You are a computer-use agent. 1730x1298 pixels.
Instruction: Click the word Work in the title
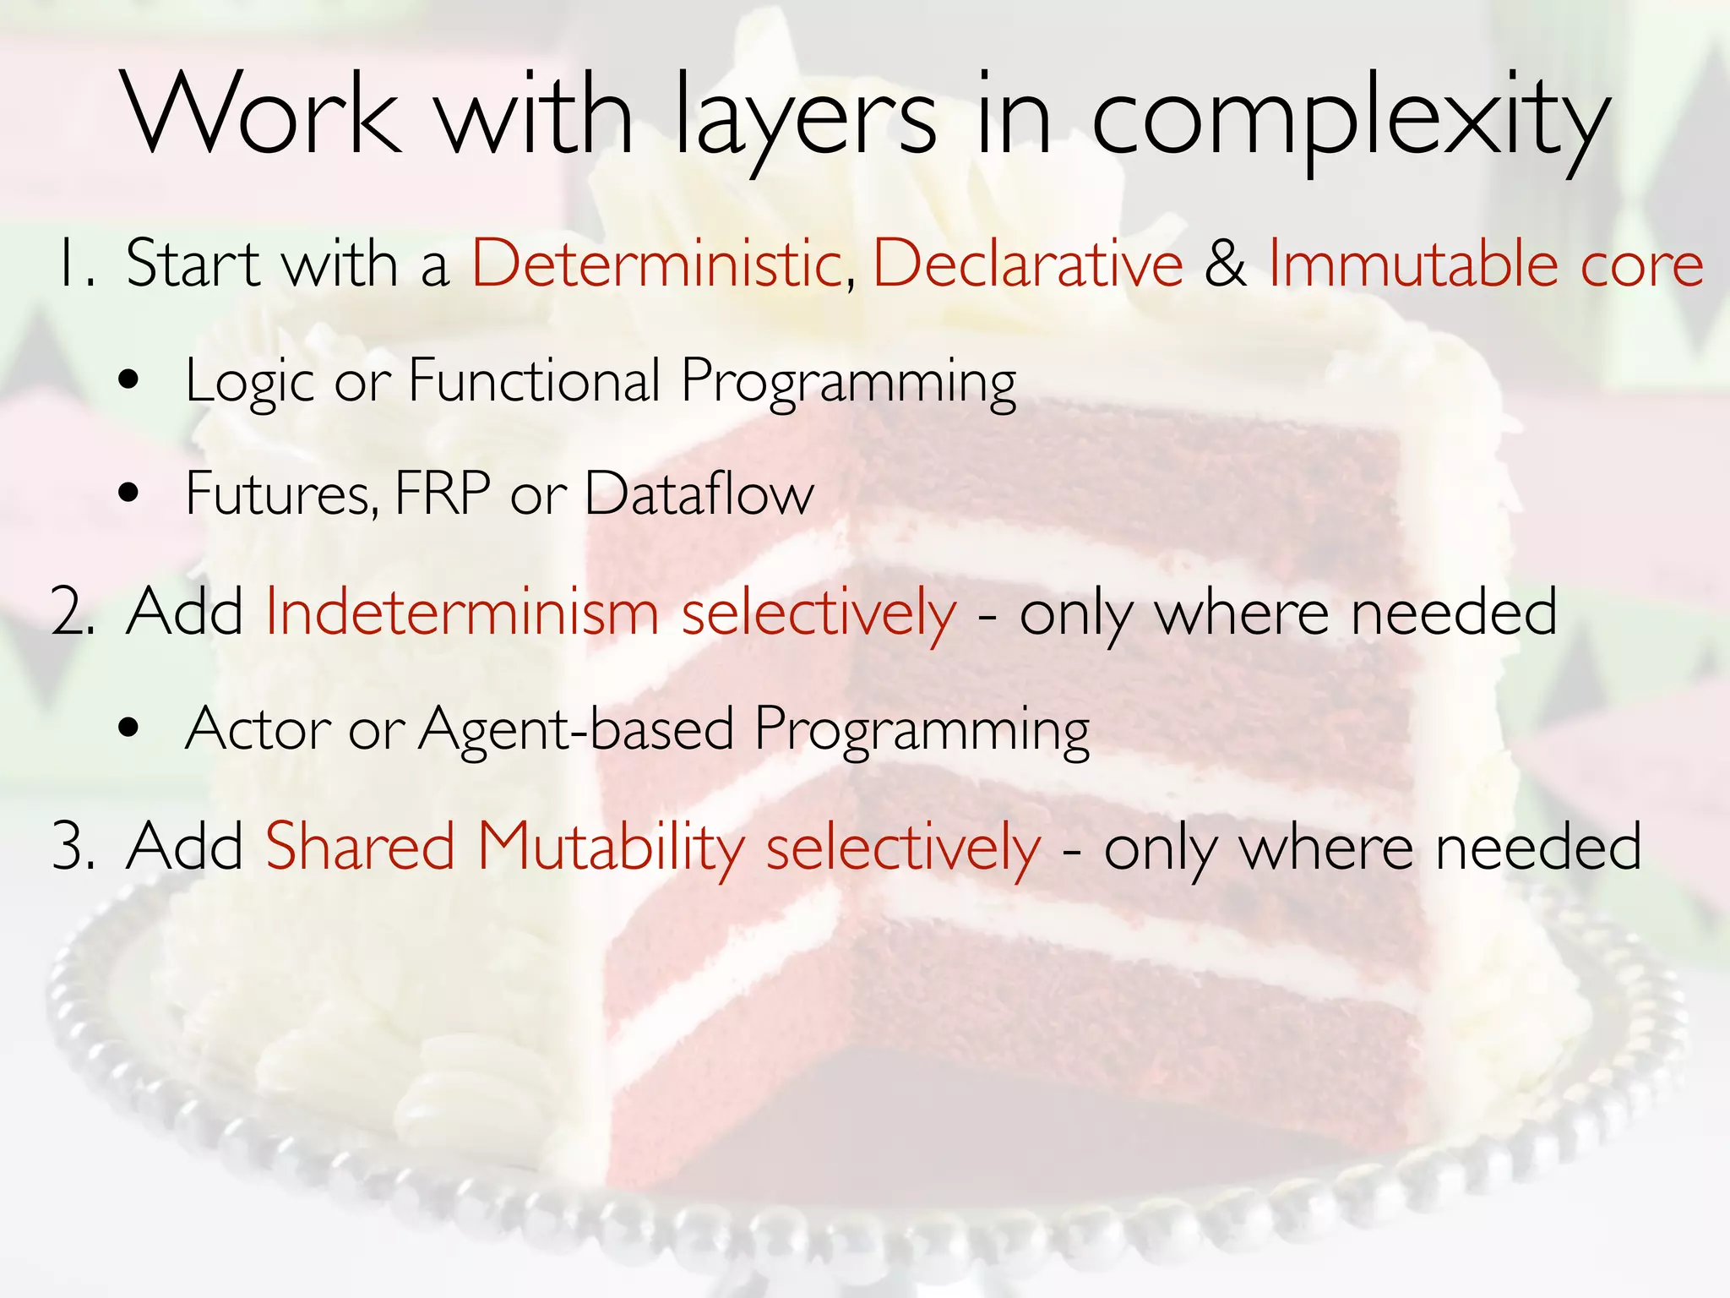coord(262,114)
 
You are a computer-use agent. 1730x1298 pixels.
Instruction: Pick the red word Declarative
coord(1027,264)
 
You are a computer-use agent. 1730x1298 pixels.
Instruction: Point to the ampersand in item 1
coord(1226,264)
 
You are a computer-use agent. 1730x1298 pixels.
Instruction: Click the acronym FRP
coord(442,493)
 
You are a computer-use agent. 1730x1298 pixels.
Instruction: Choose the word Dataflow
coord(699,493)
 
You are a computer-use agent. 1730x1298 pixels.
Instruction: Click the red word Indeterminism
coord(462,612)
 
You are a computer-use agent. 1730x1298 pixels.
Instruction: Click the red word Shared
coord(361,847)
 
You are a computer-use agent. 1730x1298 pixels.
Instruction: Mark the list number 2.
coord(72,612)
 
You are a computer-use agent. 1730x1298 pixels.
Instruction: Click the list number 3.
coord(72,847)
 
